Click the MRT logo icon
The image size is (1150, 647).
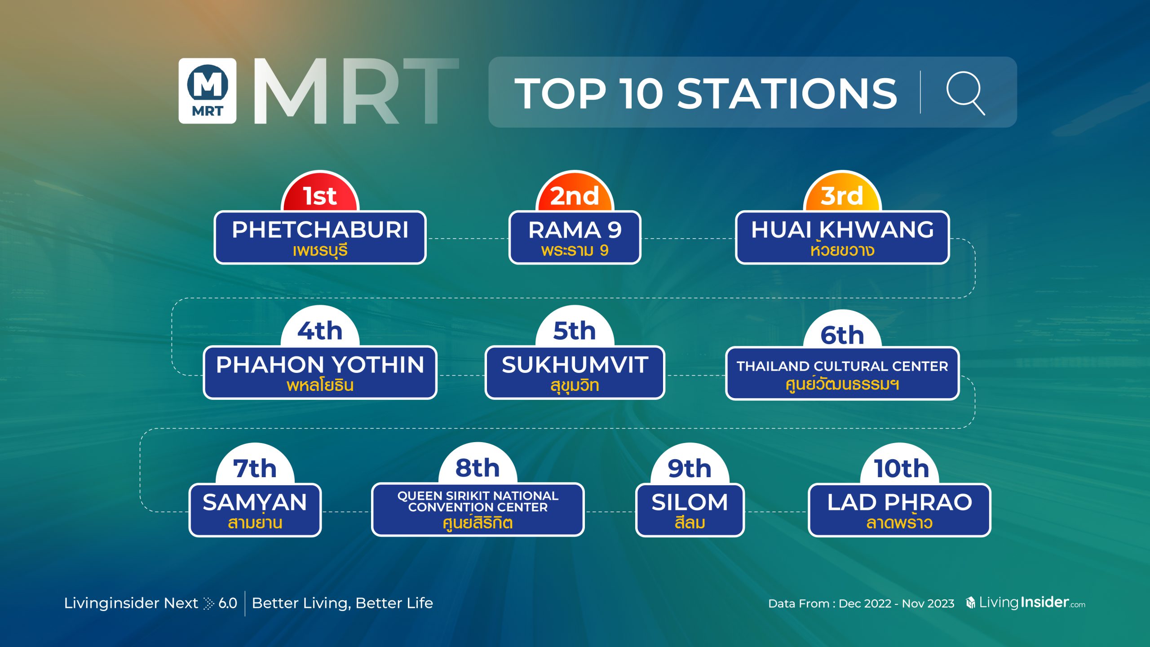point(208,91)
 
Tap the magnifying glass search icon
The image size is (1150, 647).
point(965,93)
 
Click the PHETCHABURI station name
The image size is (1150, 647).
point(320,230)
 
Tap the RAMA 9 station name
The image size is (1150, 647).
point(575,230)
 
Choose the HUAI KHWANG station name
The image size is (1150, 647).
point(843,230)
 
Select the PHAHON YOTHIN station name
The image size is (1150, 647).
point(320,364)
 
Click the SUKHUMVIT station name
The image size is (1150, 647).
point(575,364)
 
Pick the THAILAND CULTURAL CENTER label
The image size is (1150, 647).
point(842,366)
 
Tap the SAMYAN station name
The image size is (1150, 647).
point(255,502)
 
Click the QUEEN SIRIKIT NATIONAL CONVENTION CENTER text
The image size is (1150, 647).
point(478,501)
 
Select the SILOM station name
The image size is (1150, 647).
point(690,502)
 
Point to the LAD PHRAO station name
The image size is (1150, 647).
point(900,502)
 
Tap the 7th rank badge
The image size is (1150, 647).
point(255,465)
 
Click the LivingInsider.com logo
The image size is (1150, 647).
point(1025,603)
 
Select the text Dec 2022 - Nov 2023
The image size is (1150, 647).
point(896,603)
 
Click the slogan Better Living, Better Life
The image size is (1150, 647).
point(342,603)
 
